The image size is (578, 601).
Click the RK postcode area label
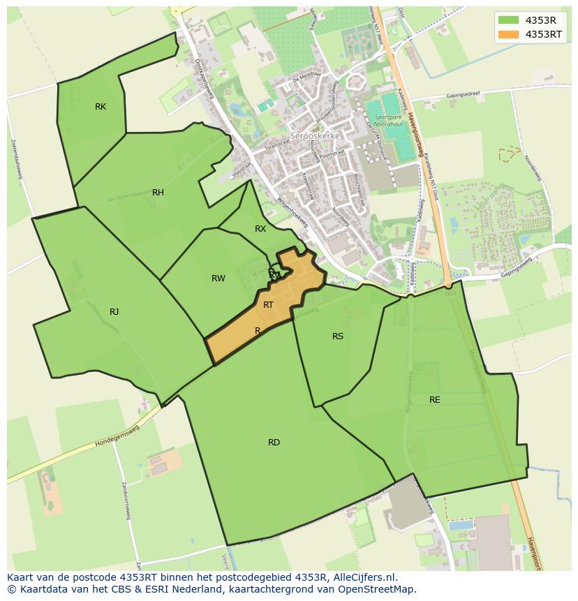coord(101,107)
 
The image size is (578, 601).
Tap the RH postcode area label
coord(158,193)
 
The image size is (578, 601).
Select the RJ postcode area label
coord(114,312)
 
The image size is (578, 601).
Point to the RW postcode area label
coord(218,279)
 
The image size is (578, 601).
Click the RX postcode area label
coord(260,229)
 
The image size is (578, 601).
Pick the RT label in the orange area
coord(268,305)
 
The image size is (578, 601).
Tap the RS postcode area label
coord(338,336)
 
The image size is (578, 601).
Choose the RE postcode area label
coord(435,400)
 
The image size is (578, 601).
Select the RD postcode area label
coord(274,443)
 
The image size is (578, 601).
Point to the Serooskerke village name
coord(314,136)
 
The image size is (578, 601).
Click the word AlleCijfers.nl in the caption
coord(362,577)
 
